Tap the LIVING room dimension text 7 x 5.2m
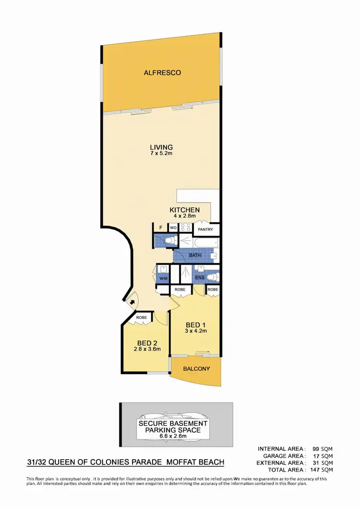[x=161, y=154]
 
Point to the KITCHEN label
[x=185, y=210]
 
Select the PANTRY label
[x=205, y=229]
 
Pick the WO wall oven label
[x=172, y=228]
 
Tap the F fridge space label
[x=161, y=228]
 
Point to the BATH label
[x=195, y=255]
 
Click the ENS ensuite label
[x=200, y=277]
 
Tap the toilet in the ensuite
[x=215, y=277]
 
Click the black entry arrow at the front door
[x=132, y=302]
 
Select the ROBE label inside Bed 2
[x=142, y=318]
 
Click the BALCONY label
[x=197, y=369]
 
